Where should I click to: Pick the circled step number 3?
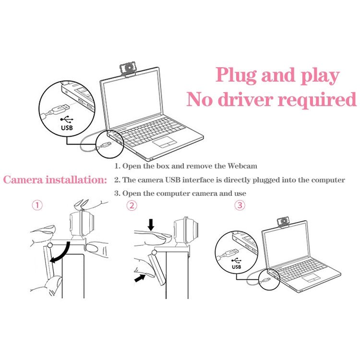click(240, 205)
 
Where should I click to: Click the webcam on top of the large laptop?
click(128, 70)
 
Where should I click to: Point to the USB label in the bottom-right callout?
click(236, 266)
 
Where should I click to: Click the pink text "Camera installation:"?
click(55, 180)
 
